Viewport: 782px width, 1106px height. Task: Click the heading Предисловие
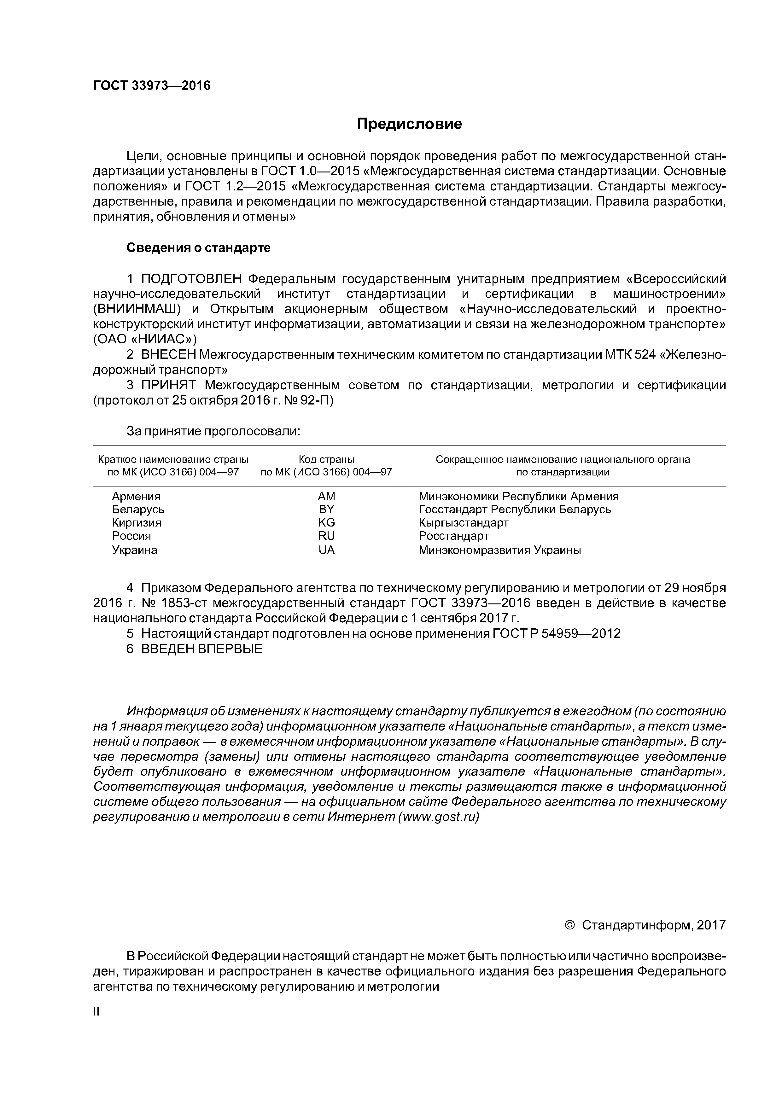[x=409, y=124]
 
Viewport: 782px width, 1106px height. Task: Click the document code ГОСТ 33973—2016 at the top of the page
[x=152, y=86]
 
